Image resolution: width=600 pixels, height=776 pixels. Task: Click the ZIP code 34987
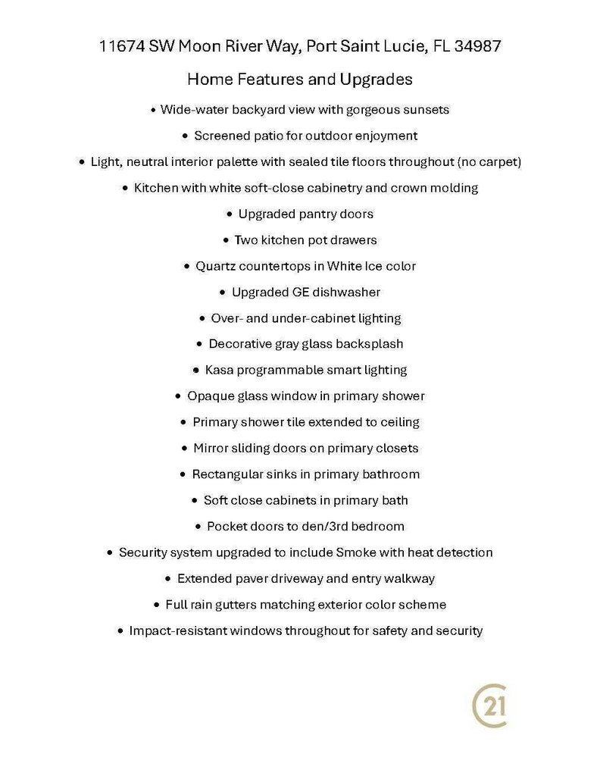click(x=477, y=47)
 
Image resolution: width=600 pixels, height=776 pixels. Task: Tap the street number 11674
click(x=121, y=47)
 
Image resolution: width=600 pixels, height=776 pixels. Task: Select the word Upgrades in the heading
click(x=377, y=79)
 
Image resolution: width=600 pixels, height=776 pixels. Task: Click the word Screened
click(x=220, y=136)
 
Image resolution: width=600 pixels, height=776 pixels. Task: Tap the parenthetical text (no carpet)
click(x=489, y=162)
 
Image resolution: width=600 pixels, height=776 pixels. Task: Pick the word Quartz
click(x=216, y=266)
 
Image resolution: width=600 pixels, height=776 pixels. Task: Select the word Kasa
click(x=219, y=371)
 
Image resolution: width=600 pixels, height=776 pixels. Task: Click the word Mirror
click(x=211, y=449)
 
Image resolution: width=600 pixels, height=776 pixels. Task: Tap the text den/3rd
click(x=336, y=527)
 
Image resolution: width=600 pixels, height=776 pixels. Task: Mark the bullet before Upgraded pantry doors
click(x=230, y=214)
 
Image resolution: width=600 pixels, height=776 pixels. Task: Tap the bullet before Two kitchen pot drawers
click(x=226, y=240)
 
